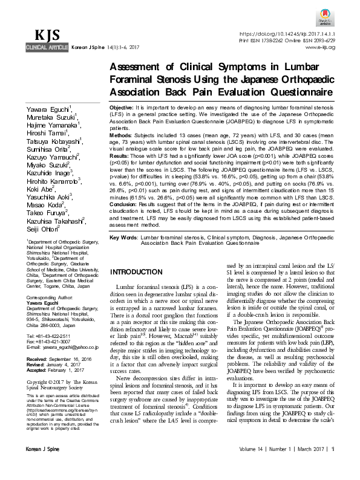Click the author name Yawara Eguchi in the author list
[48, 109]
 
